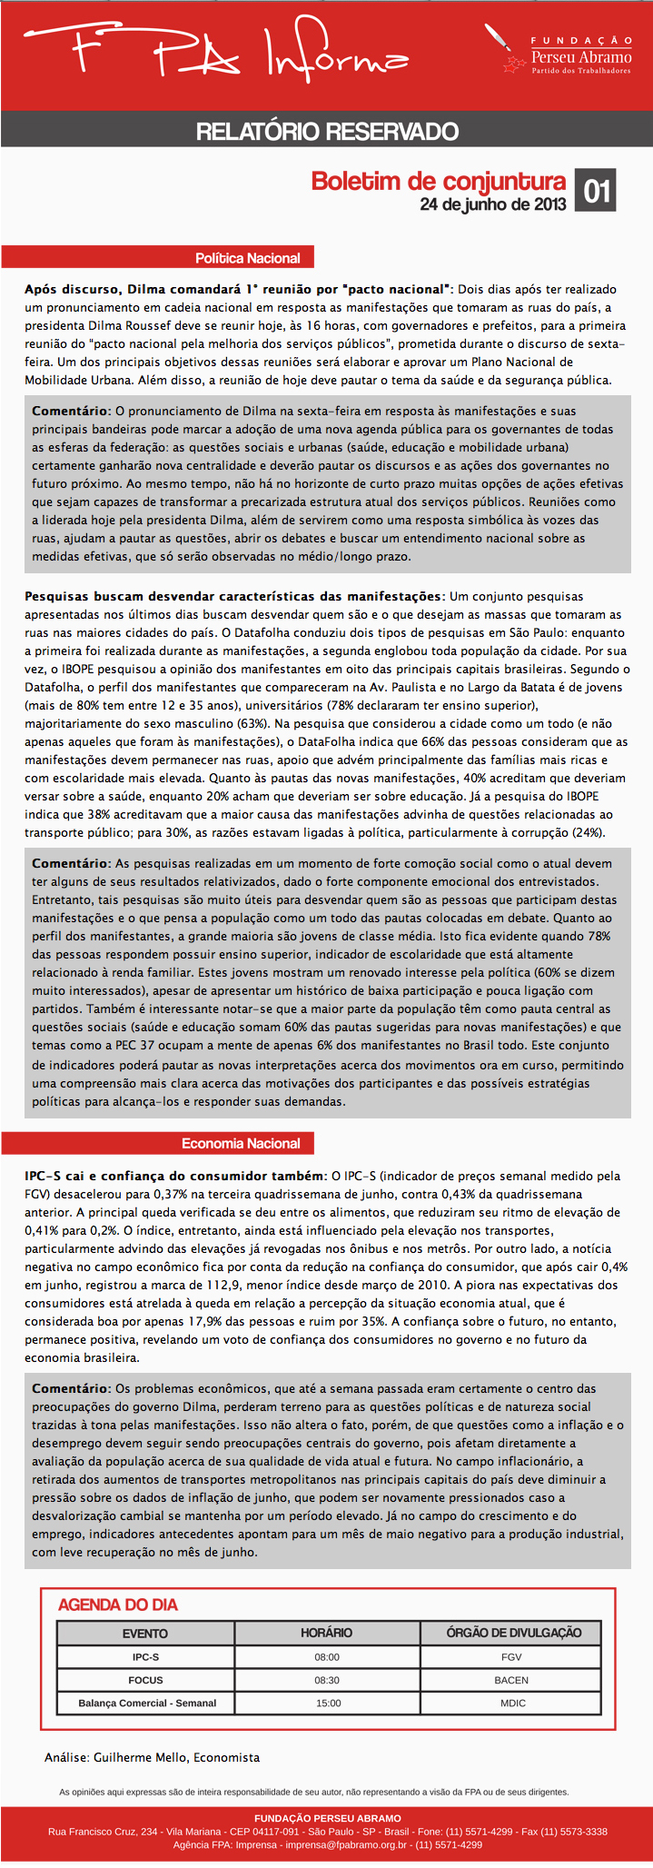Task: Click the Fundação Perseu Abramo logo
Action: (568, 54)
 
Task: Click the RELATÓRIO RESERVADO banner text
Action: (327, 131)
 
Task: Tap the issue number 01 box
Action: (596, 191)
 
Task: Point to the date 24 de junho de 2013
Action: (492, 204)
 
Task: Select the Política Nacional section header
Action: (248, 258)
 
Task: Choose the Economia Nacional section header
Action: (241, 1143)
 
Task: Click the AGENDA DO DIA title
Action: (118, 1605)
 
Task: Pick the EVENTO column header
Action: (145, 1633)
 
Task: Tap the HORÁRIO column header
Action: (327, 1633)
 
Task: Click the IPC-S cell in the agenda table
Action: (145, 1656)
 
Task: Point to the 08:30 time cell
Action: (327, 1680)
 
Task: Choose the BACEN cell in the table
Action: (511, 1680)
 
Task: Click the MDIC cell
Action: (512, 1703)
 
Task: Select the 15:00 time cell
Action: (327, 1703)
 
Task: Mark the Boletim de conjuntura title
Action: (438, 181)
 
